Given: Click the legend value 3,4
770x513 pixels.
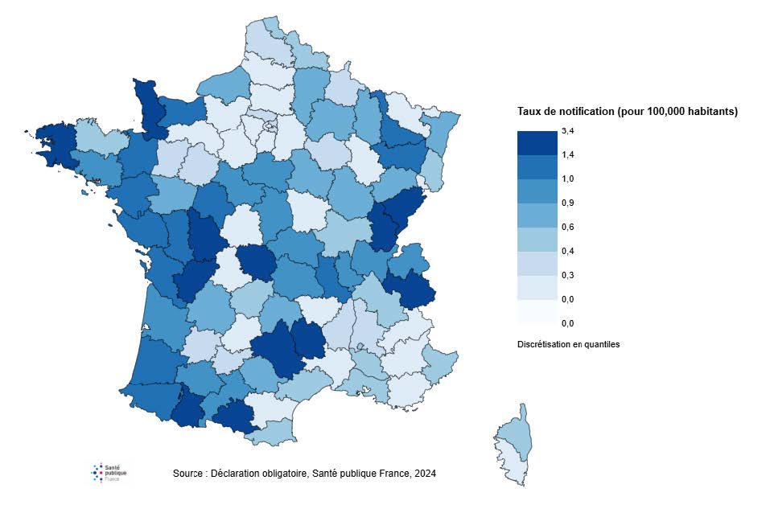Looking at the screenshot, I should [x=568, y=130].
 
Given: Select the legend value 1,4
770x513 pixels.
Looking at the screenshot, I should [x=568, y=154].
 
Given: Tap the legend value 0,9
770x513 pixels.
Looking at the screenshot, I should [x=568, y=203].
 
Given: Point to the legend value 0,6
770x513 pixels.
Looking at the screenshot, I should [x=568, y=227].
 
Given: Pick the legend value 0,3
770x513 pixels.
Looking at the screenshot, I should [x=568, y=275].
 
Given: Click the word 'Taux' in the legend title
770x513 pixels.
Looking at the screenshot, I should [x=529, y=112].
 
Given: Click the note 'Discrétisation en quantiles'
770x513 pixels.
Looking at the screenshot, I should [x=568, y=344].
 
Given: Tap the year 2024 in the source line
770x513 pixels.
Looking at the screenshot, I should [x=425, y=474].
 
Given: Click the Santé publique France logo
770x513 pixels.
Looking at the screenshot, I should [x=109, y=473].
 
